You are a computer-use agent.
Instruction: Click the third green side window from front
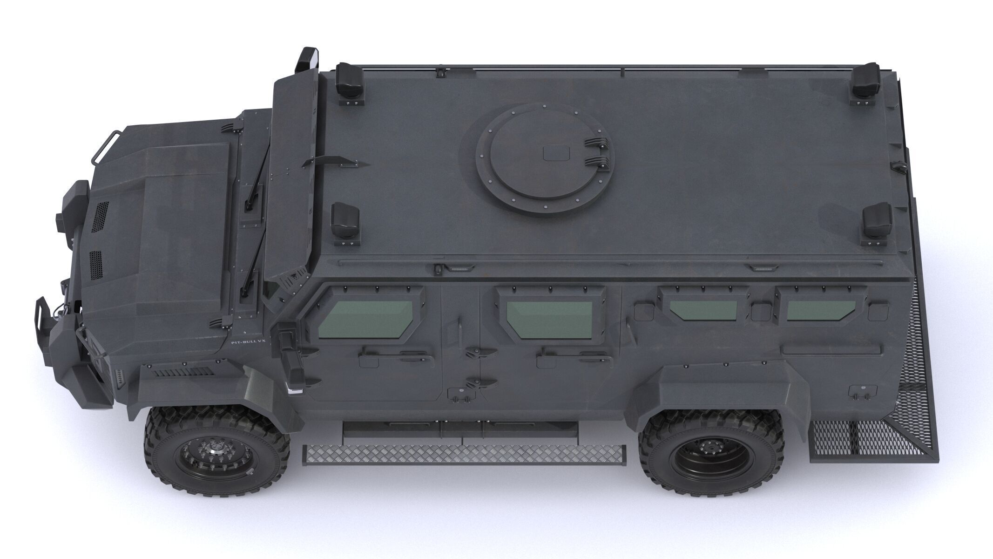point(703,310)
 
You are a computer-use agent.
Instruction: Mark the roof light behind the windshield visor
point(345,220)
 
